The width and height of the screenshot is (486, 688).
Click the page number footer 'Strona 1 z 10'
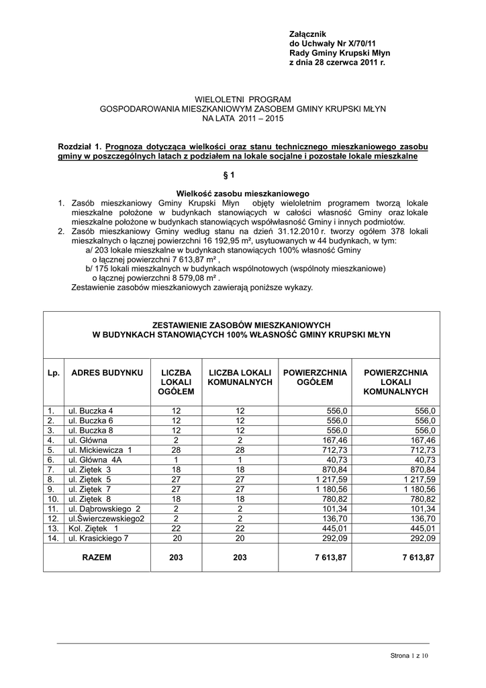409,655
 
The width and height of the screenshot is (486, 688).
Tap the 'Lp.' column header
54,372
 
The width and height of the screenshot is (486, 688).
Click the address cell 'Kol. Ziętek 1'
93,529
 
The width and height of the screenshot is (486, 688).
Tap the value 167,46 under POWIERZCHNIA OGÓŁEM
334,440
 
